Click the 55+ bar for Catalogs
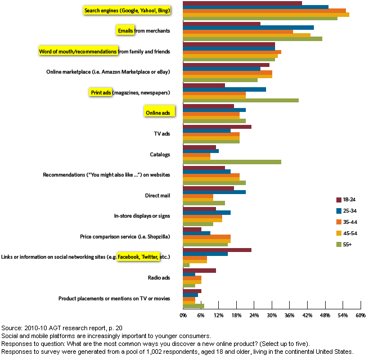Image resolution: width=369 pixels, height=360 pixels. point(232,162)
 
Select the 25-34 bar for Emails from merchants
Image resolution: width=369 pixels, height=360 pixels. point(248,28)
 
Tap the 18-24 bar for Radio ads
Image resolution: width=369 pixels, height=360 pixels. point(199,271)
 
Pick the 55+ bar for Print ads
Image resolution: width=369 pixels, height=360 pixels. point(241,100)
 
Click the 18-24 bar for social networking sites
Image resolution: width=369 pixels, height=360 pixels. point(217,250)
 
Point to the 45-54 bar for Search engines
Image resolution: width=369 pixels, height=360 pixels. point(266,15)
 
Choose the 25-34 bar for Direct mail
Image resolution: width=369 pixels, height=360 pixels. point(214,192)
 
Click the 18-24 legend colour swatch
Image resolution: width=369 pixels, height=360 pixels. point(339,200)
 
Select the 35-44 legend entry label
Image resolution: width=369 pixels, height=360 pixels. point(350,222)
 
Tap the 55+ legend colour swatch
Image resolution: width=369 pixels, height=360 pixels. point(339,245)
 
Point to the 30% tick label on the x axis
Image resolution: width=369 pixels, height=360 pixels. point(272,316)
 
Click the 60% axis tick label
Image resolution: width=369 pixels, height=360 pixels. point(361,316)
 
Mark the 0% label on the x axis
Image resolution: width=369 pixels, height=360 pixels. point(183,316)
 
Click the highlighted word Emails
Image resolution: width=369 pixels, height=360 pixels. point(125,31)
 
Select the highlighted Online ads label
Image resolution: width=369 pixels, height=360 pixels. point(158,113)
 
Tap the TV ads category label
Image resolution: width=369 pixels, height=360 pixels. point(162,134)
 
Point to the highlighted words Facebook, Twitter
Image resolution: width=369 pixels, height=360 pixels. point(138,257)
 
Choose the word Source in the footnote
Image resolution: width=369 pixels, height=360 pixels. point(11,328)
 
